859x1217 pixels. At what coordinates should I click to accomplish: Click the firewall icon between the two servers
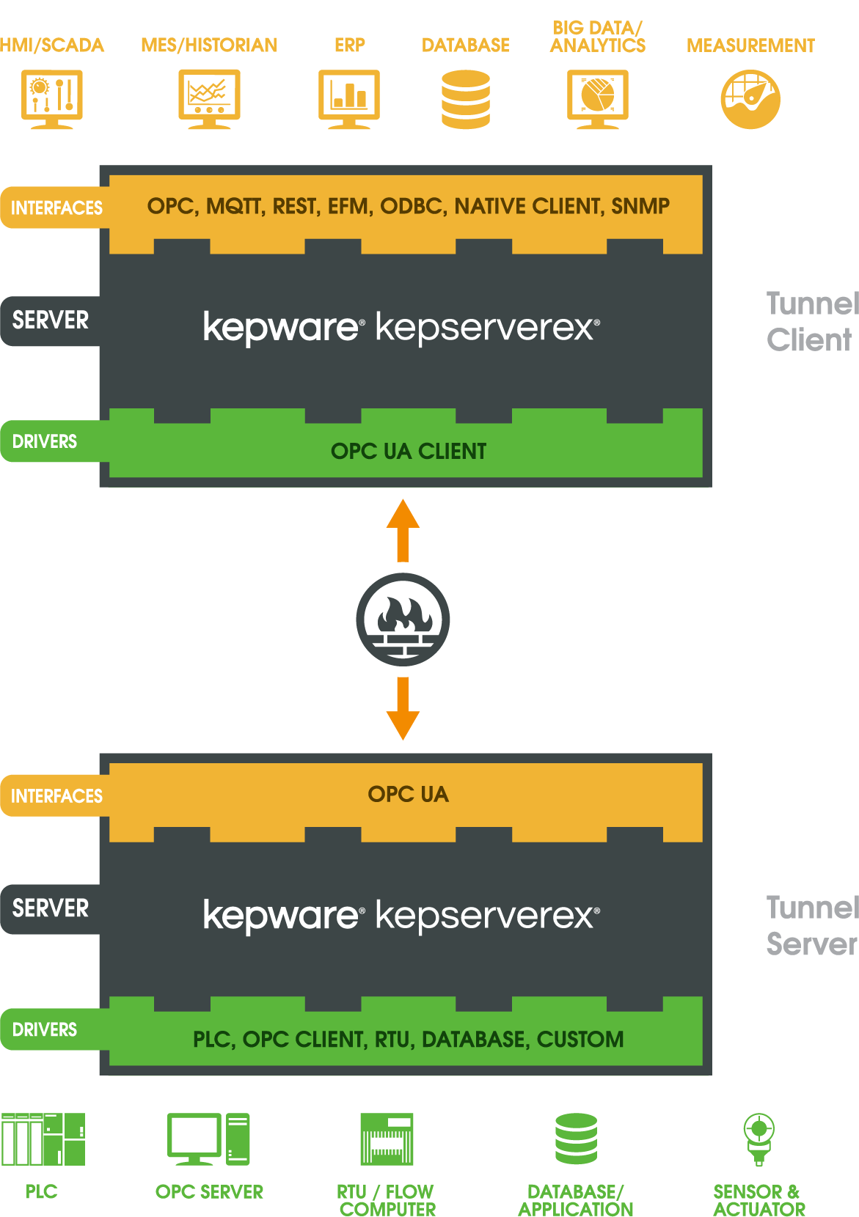pyautogui.click(x=403, y=619)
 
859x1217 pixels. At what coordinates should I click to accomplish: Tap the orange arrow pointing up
pyautogui.click(x=403, y=529)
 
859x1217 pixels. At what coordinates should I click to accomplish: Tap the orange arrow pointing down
pyautogui.click(x=403, y=708)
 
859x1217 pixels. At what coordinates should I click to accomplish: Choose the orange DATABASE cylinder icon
pyautogui.click(x=466, y=99)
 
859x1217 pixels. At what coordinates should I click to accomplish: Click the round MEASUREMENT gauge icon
pyautogui.click(x=750, y=99)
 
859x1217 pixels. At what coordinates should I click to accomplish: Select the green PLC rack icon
pyautogui.click(x=43, y=1139)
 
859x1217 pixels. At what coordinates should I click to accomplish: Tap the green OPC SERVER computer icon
pyautogui.click(x=208, y=1139)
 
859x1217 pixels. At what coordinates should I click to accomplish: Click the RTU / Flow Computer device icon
pyautogui.click(x=387, y=1139)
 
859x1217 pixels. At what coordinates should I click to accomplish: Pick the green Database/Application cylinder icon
pyautogui.click(x=576, y=1139)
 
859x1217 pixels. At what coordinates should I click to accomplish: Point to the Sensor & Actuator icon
pyautogui.click(x=759, y=1139)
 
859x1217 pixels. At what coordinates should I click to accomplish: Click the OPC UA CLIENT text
pyautogui.click(x=409, y=452)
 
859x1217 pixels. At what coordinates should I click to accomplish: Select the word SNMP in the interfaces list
pyautogui.click(x=640, y=207)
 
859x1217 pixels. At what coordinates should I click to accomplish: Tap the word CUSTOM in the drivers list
pyautogui.click(x=580, y=1040)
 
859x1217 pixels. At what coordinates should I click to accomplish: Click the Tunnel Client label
pyautogui.click(x=811, y=322)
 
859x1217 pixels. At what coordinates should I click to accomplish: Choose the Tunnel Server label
pyautogui.click(x=811, y=926)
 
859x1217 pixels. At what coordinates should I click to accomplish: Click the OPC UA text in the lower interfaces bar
pyautogui.click(x=408, y=795)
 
